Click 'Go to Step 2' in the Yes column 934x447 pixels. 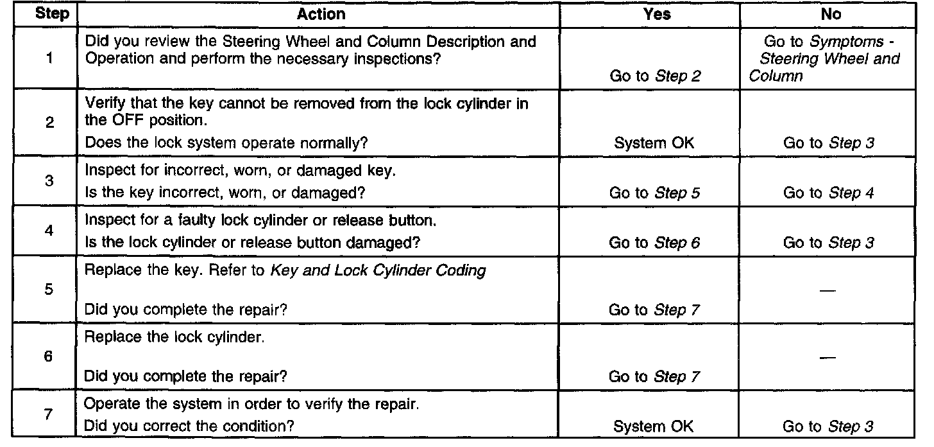654,76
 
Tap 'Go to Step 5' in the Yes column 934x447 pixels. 654,192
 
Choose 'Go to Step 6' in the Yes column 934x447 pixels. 654,243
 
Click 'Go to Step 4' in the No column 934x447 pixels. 829,192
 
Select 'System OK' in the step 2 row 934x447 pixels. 654,143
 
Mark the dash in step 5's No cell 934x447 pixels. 829,291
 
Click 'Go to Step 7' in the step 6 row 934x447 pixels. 654,376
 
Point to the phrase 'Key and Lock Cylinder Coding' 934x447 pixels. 378,270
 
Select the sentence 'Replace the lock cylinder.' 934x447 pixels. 174,337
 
